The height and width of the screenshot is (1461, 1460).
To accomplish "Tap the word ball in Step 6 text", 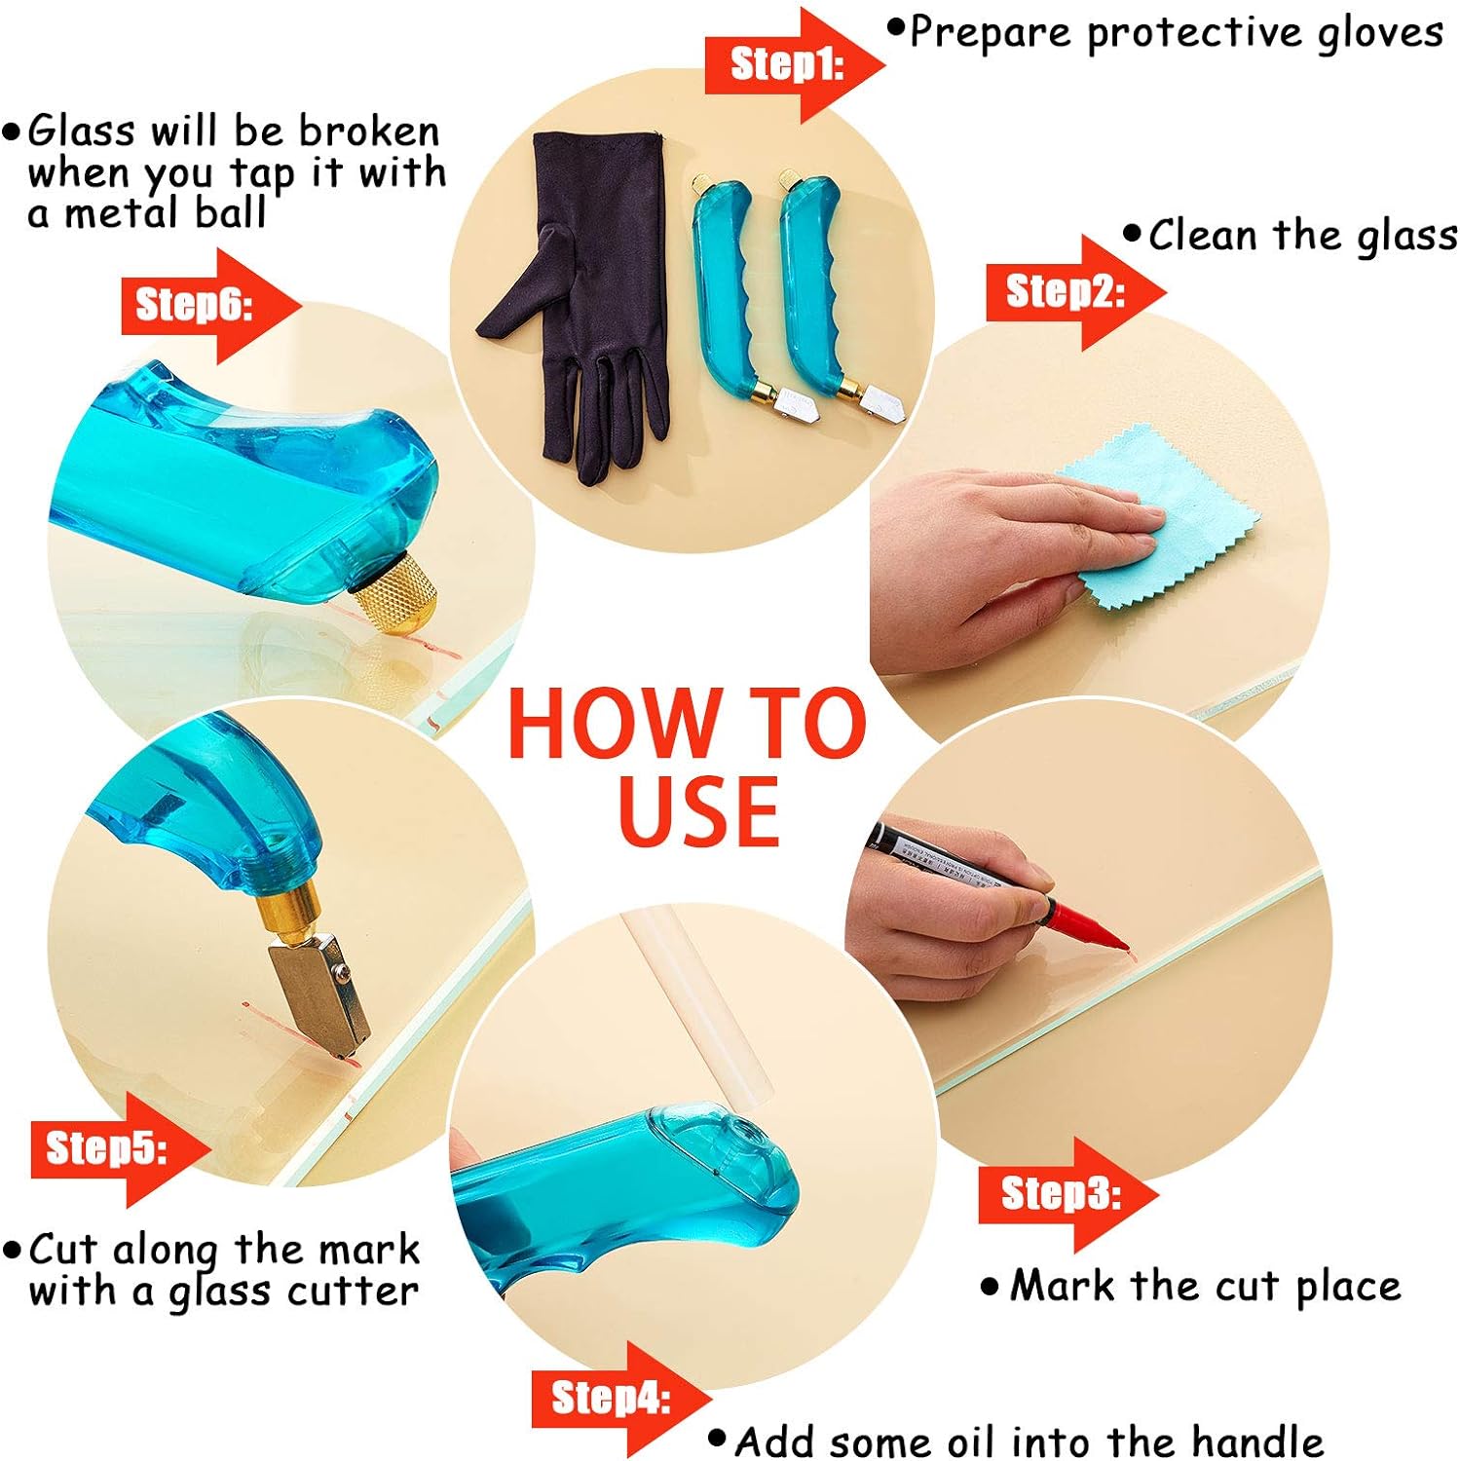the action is [x=229, y=212].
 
